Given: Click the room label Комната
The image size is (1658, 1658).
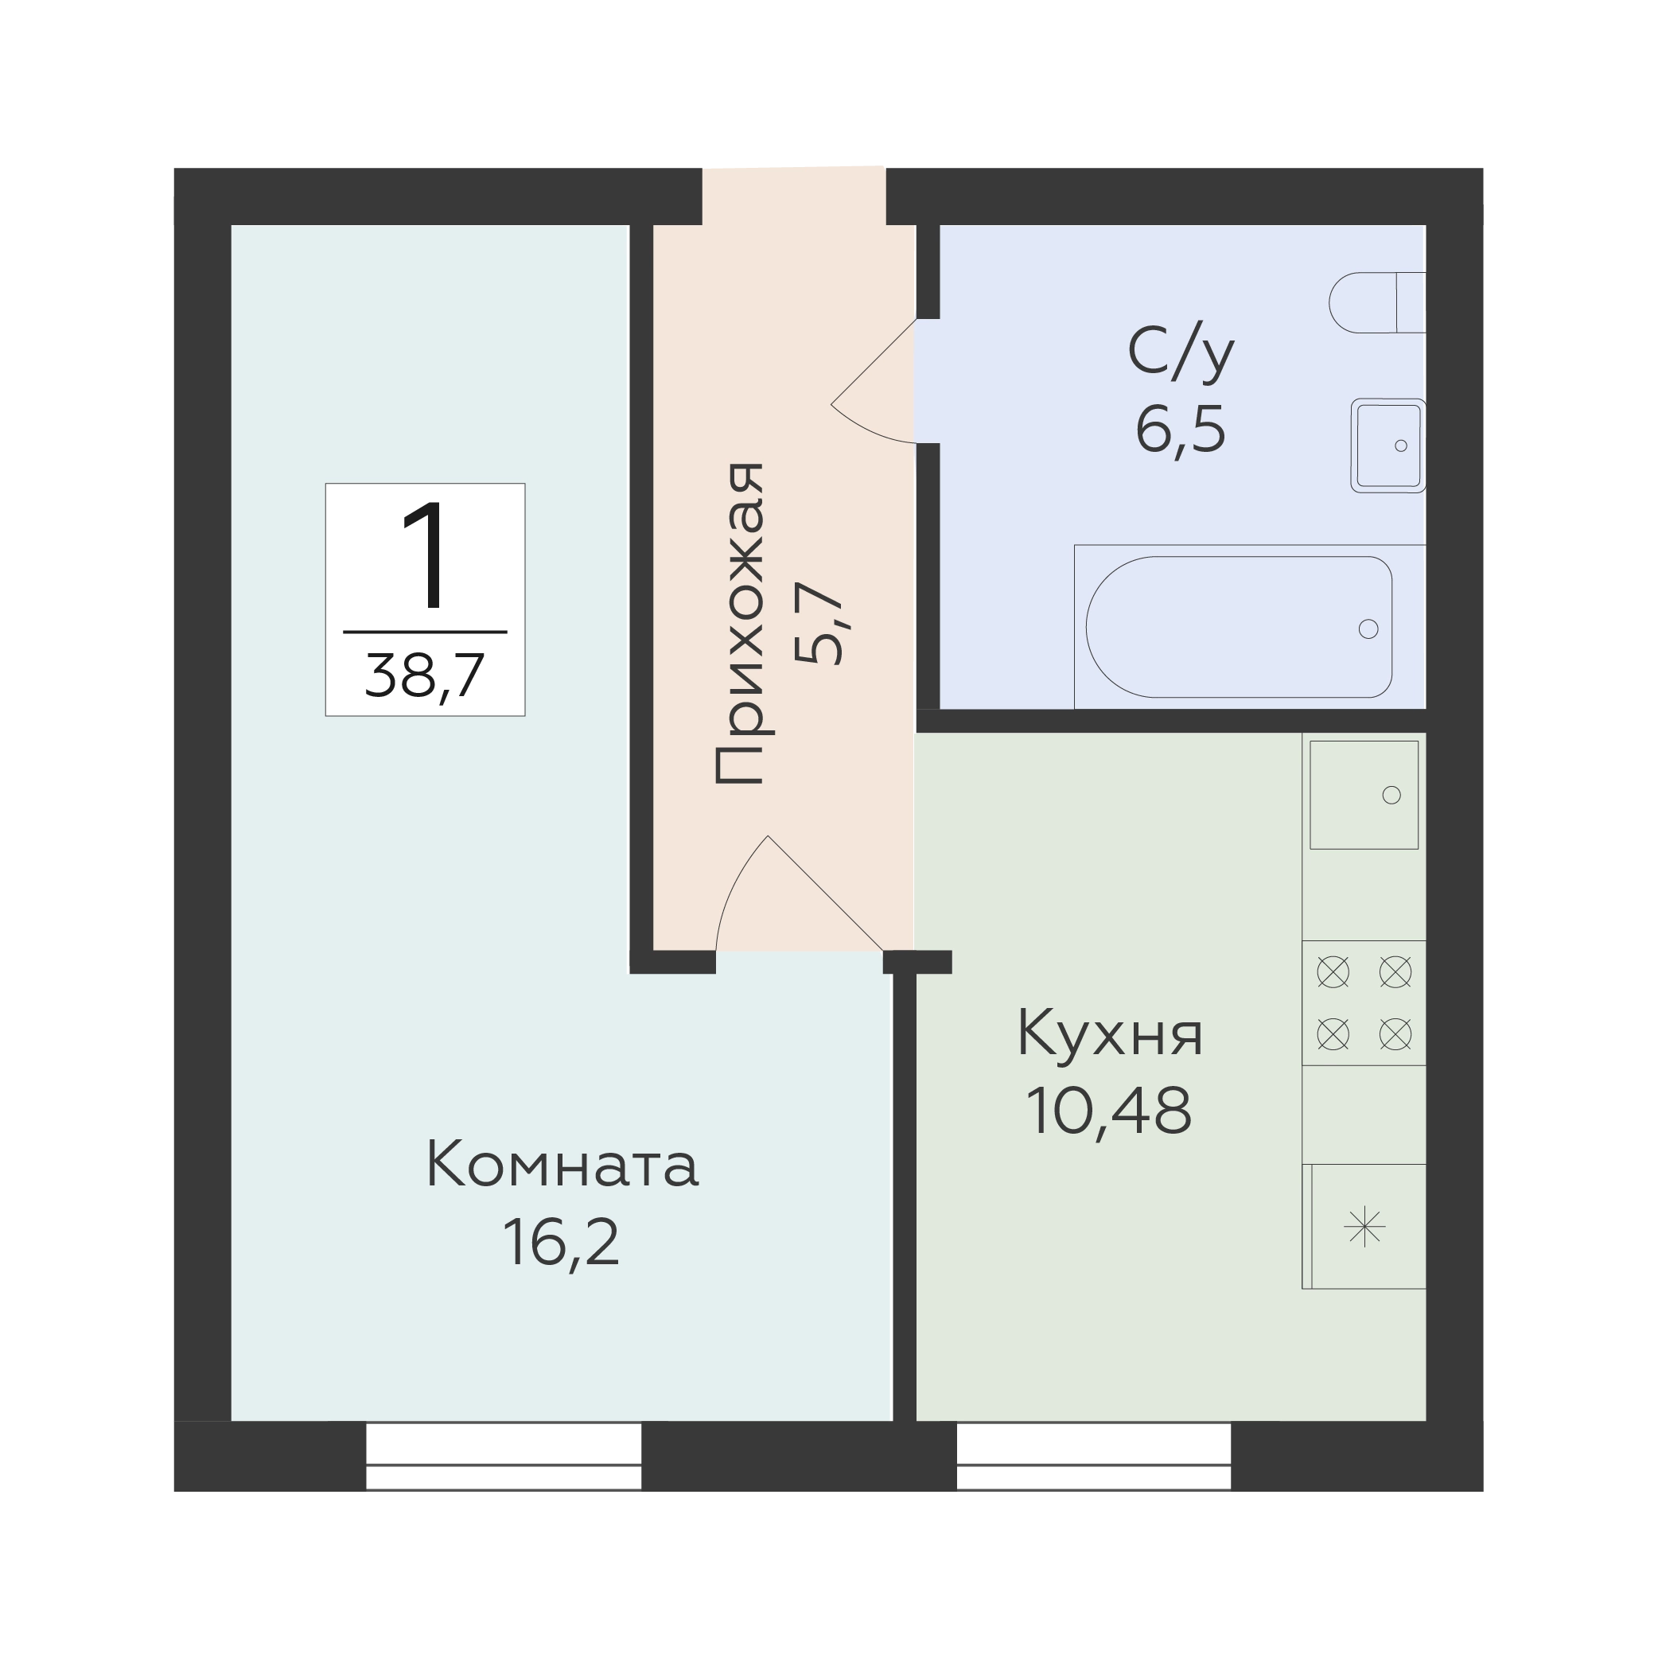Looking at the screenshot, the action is pyautogui.click(x=562, y=1166).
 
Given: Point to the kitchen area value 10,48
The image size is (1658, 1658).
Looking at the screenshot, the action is pyautogui.click(x=1109, y=1111).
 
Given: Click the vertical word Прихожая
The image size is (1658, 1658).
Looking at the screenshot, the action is pyautogui.click(x=739, y=624).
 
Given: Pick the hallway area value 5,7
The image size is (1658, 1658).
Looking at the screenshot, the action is pyautogui.click(x=819, y=624).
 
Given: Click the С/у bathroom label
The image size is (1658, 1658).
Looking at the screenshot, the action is pyautogui.click(x=1181, y=352).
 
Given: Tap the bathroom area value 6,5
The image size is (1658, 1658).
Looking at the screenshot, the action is pyautogui.click(x=1181, y=429).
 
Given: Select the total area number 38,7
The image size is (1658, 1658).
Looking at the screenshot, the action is pyautogui.click(x=425, y=675).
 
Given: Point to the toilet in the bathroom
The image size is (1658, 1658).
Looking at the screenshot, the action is pyautogui.click(x=1377, y=302).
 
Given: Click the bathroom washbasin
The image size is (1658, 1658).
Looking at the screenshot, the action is pyautogui.click(x=1388, y=446).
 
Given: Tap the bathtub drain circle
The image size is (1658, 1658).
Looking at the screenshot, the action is pyautogui.click(x=1368, y=629).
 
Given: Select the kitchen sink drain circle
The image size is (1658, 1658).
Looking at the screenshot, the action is pyautogui.click(x=1392, y=796).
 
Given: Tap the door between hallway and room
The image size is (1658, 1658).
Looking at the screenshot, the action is pyautogui.click(x=800, y=893).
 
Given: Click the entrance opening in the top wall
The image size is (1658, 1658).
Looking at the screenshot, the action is pyautogui.click(x=794, y=196).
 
